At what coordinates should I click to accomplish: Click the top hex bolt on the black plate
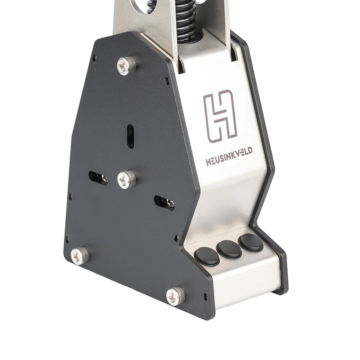[126, 66]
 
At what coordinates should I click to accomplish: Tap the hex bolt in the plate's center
[126, 179]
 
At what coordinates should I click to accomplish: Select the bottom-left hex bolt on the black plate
[79, 256]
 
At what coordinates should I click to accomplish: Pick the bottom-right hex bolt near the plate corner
[175, 296]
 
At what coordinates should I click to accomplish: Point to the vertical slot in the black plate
[130, 136]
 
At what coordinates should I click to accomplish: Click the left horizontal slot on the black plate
[98, 179]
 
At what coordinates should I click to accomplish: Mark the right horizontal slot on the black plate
[164, 203]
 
